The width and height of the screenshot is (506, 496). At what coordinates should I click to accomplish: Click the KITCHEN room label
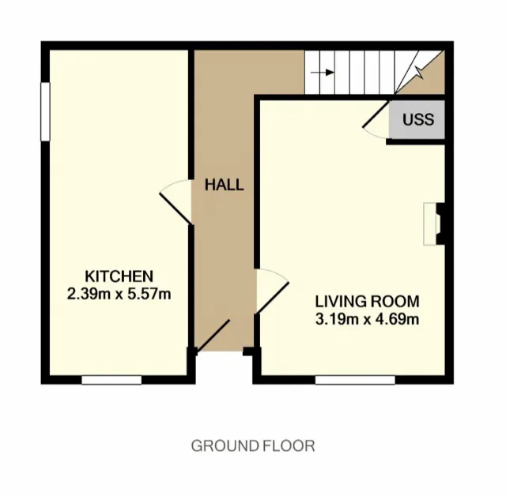click(x=119, y=276)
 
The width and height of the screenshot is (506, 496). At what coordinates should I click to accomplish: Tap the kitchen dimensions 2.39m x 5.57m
click(x=119, y=294)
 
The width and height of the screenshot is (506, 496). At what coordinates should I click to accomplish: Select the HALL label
click(x=225, y=186)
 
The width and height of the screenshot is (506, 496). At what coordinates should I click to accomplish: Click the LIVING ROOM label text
click(x=367, y=302)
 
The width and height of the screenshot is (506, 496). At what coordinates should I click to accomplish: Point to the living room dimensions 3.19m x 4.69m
click(x=367, y=319)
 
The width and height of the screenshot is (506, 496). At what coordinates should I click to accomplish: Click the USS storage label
click(x=418, y=120)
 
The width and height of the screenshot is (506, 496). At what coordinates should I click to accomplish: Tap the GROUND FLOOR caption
click(x=253, y=446)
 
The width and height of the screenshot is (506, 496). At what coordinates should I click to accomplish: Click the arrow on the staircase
click(x=321, y=73)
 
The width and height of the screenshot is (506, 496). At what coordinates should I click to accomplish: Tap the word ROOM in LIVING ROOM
click(x=398, y=302)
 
